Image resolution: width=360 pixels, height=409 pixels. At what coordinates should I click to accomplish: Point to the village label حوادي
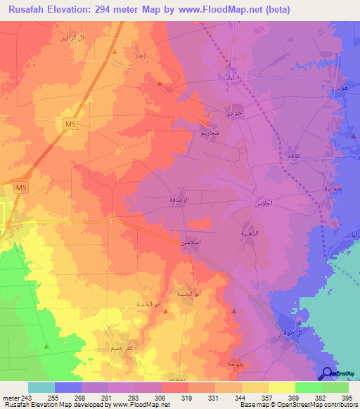(x=234, y=113)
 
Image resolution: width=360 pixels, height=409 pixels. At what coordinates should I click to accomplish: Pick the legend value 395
(x=346, y=398)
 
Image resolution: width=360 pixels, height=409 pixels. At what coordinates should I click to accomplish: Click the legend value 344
(x=229, y=398)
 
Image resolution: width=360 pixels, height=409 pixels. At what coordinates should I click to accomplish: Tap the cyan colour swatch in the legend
(x=41, y=387)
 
